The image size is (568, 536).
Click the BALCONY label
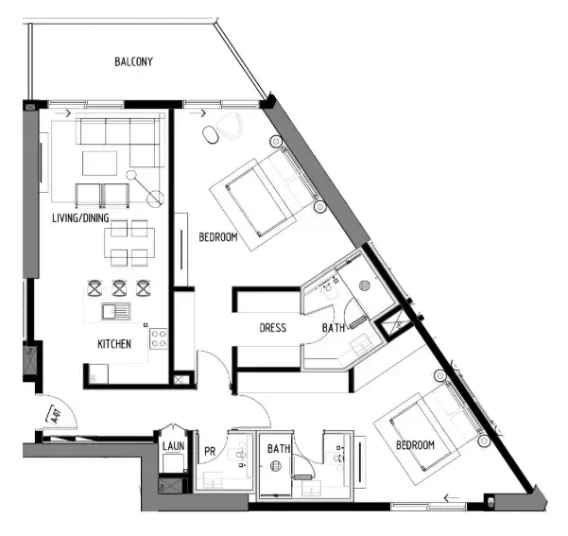tap(134, 62)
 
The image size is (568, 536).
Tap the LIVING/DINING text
tap(81, 218)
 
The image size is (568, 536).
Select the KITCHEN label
tap(114, 344)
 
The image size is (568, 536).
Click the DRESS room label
tap(274, 328)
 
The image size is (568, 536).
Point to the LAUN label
tap(173, 445)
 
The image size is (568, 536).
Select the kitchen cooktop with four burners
tap(157, 338)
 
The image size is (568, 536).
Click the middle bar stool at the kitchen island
tap(119, 286)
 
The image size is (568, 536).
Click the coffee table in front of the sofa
tap(99, 164)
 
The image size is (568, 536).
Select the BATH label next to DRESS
tap(334, 328)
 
